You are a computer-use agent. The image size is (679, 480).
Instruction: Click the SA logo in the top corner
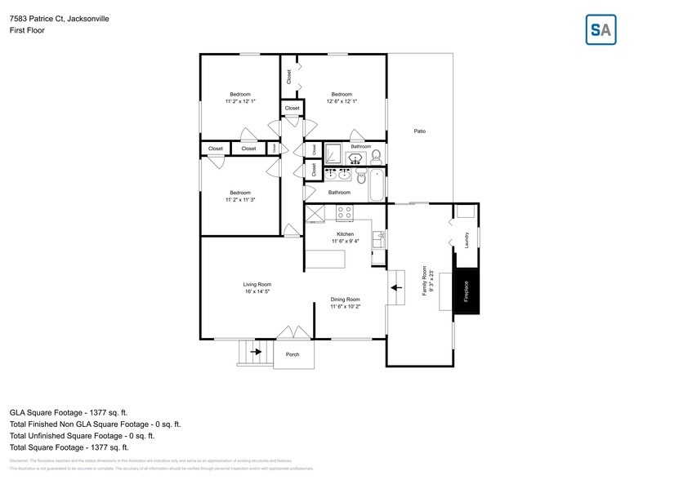pos(601,29)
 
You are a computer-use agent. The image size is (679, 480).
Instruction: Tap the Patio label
pos(419,131)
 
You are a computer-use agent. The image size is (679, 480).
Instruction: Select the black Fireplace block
pos(467,290)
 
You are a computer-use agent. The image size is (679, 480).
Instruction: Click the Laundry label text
pos(467,240)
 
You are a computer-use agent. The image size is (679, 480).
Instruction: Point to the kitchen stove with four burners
pos(345,212)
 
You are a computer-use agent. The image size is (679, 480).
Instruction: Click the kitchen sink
pos(378,238)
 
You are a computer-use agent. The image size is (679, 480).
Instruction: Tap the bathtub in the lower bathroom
pos(377,185)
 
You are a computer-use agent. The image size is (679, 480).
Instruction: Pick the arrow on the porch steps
pos(257,352)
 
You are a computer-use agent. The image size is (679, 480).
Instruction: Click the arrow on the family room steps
pos(396,287)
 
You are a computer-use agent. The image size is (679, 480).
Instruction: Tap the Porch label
pos(293,354)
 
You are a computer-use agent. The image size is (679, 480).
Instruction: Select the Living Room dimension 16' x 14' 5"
pos(257,291)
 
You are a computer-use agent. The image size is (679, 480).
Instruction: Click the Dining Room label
pos(345,299)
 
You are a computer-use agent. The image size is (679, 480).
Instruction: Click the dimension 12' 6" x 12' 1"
pos(342,101)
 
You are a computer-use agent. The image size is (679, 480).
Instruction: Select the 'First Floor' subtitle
pos(27,30)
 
